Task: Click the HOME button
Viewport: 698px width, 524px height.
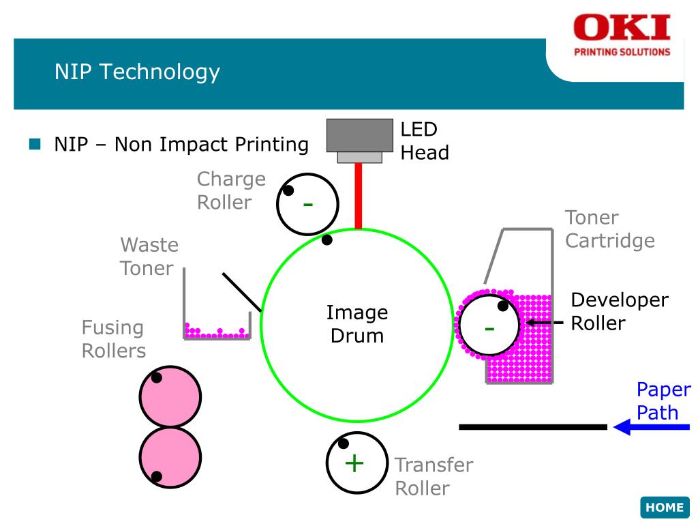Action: coord(665,507)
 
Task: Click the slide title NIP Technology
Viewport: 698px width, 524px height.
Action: coord(137,72)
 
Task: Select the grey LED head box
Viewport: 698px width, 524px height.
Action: coord(360,135)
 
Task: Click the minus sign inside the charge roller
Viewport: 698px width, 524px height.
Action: coord(308,204)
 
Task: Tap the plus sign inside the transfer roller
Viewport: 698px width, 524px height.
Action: coord(354,463)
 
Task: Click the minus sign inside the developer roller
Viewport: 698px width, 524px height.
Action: coord(489,329)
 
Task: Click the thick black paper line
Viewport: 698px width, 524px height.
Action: coord(532,427)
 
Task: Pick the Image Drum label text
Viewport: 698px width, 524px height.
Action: coord(357,324)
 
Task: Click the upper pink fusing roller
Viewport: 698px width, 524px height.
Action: coord(170,396)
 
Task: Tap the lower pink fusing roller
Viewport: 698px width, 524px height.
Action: coord(170,457)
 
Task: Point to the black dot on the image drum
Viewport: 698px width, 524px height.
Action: coord(327,239)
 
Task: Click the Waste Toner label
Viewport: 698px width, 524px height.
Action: coord(149,256)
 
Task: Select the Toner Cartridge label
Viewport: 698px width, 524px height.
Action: coord(609,229)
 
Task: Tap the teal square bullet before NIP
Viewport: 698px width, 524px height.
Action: coord(35,145)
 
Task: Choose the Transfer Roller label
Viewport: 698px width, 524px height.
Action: coord(434,476)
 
